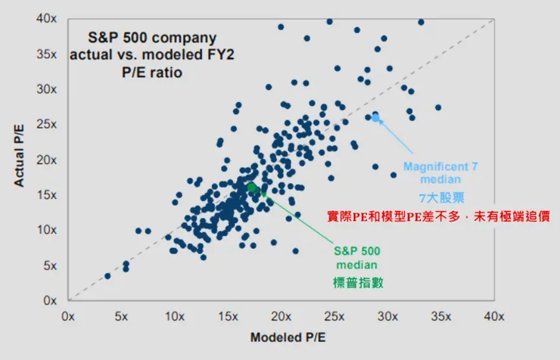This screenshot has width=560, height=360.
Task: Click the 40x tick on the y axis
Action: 48,19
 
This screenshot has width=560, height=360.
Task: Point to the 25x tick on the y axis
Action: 48,124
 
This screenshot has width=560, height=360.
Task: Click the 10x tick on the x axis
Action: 175,315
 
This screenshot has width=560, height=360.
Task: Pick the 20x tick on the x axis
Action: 281,315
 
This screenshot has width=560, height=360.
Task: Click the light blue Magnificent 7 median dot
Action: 375,118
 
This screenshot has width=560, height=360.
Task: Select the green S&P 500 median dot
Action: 252,187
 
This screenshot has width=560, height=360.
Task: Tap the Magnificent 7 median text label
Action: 440,173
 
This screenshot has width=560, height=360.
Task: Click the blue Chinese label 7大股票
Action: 440,197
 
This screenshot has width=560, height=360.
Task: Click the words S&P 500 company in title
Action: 141,37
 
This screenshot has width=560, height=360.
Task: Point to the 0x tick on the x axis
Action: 68,315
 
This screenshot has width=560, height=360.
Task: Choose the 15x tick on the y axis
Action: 48,194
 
